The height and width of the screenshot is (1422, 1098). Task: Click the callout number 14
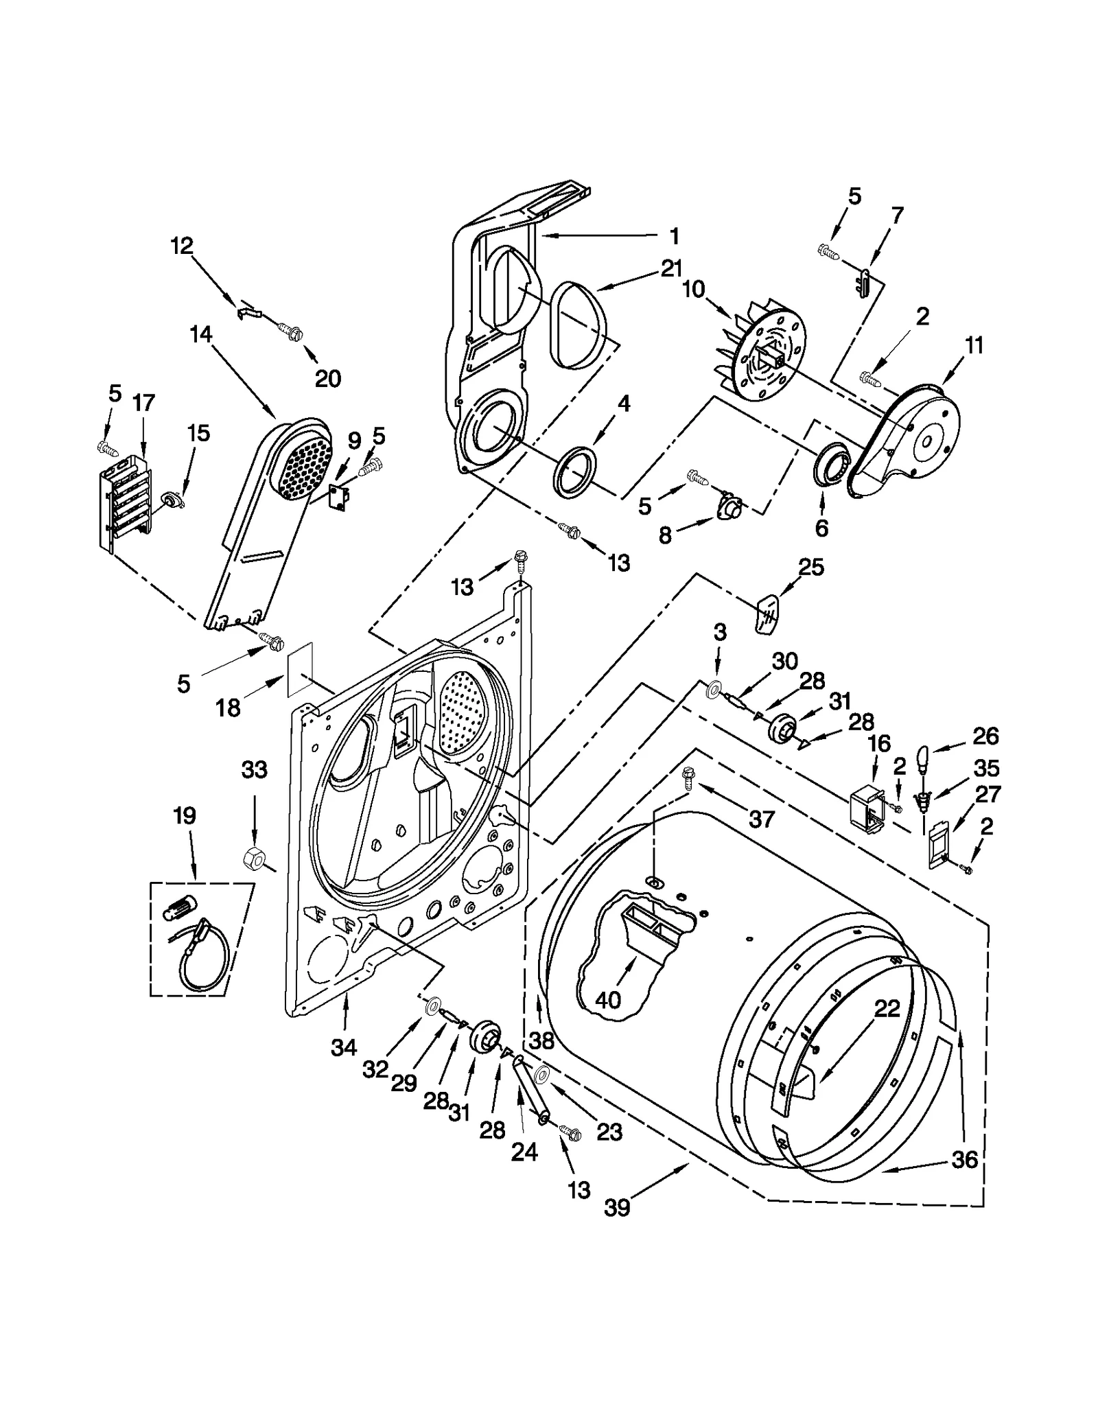point(201,335)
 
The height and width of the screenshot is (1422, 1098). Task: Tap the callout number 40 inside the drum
point(608,1000)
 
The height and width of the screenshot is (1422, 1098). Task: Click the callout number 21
point(672,268)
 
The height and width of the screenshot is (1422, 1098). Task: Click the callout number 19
point(185,815)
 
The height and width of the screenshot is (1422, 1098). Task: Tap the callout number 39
point(617,1207)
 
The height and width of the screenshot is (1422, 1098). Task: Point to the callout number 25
point(810,568)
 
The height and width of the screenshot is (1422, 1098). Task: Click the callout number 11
point(974,345)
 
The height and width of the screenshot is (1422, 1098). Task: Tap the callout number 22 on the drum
point(887,1008)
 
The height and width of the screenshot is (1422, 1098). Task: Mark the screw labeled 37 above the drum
point(687,776)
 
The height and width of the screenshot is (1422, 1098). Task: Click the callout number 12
point(182,246)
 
